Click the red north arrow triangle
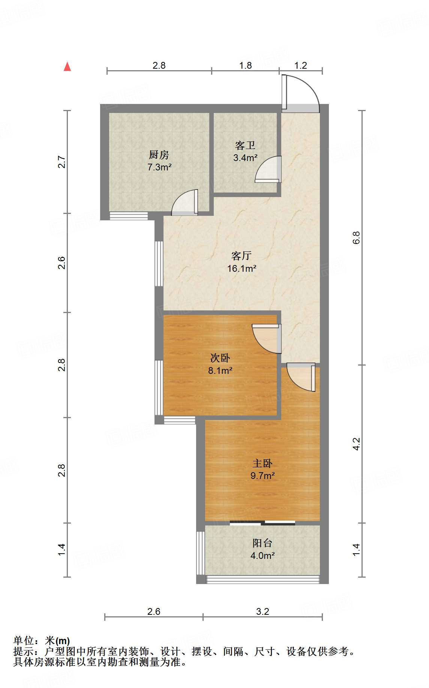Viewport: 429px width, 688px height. (67, 66)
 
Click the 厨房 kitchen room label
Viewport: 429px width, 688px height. (159, 155)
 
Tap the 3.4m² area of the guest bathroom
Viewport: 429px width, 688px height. (245, 158)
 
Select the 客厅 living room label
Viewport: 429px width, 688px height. (241, 256)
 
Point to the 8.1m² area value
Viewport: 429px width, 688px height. (220, 371)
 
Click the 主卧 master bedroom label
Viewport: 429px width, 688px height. (262, 463)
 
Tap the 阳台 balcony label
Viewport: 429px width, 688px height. (262, 543)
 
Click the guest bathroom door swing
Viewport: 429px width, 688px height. (268, 169)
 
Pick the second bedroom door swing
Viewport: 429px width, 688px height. (267, 339)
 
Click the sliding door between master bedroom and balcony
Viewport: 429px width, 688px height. (262, 522)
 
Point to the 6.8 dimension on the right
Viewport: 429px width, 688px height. (356, 238)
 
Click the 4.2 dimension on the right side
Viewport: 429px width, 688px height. (356, 444)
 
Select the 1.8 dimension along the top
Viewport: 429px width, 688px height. (246, 66)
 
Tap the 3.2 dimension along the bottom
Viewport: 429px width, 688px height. (262, 612)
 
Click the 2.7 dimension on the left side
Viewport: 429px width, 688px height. (62, 162)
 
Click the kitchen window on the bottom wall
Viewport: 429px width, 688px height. (129, 216)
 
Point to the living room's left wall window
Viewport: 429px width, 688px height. (159, 264)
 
